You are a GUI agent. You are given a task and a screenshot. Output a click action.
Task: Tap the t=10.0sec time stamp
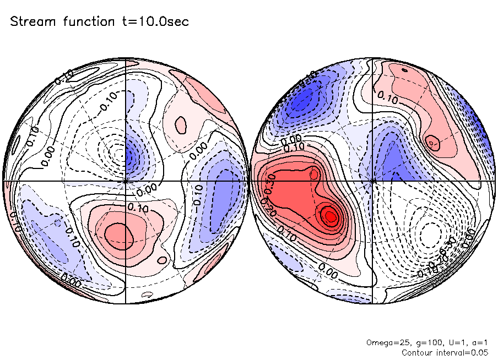coord(146,22)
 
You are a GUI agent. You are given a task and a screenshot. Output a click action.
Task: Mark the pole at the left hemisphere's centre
coord(126,181)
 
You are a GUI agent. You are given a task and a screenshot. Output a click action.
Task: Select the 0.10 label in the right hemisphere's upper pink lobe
coord(388,97)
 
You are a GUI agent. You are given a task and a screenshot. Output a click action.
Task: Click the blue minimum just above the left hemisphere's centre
coord(129,159)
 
